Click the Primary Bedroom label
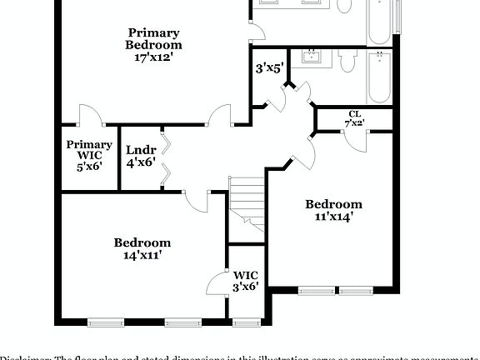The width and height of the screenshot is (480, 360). pos(153,38)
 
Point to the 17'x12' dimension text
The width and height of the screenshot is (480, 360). pos(153,58)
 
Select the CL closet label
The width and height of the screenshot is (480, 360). pos(354,114)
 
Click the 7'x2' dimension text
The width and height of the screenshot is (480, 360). pos(354,123)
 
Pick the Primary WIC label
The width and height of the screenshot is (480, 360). pos(89,149)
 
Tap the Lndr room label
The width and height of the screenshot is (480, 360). pos(141,151)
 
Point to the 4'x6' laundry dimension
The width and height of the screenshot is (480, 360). pos(141,164)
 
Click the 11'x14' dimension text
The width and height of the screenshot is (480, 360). pos(333,217)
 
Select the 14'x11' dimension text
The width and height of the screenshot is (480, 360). pos(142,256)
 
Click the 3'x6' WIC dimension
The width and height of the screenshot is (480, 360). pos(246,287)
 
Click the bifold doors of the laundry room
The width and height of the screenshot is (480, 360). pos(167,158)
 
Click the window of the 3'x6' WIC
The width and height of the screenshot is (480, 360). pos(246,322)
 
